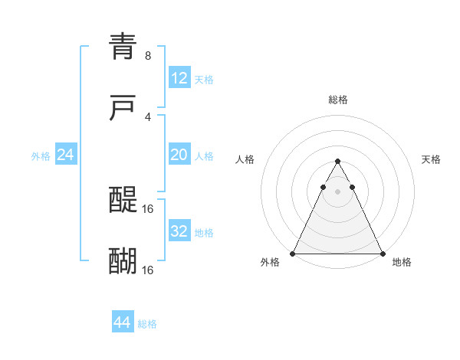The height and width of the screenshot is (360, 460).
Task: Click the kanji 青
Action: pos(123,47)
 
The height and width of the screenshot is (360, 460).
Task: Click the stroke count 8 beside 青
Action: pos(147,56)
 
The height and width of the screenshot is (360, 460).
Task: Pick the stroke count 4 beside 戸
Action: pos(147,117)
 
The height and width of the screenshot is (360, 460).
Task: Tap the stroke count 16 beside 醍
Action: pos(148,208)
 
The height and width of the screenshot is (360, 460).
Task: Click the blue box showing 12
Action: pos(179,78)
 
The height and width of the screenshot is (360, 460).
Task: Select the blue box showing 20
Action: pos(179,155)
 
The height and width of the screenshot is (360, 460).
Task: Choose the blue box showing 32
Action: pos(179,231)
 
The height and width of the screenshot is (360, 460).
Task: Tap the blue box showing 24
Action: pos(66,155)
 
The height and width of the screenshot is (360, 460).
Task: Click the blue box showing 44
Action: pos(123,322)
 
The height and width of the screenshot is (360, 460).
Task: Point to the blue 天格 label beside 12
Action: pos(204,80)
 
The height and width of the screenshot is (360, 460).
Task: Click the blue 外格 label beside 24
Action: pos(41,156)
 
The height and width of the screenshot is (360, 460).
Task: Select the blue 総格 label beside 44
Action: pos(147,324)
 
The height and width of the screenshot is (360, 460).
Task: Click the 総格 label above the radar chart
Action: pos(338,100)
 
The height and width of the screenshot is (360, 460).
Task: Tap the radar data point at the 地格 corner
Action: pos(382,253)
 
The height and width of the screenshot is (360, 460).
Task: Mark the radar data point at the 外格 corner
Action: pos(293,253)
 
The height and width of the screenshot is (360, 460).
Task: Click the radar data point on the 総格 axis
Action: pos(337,162)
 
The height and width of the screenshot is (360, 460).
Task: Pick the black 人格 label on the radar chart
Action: pos(245,159)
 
